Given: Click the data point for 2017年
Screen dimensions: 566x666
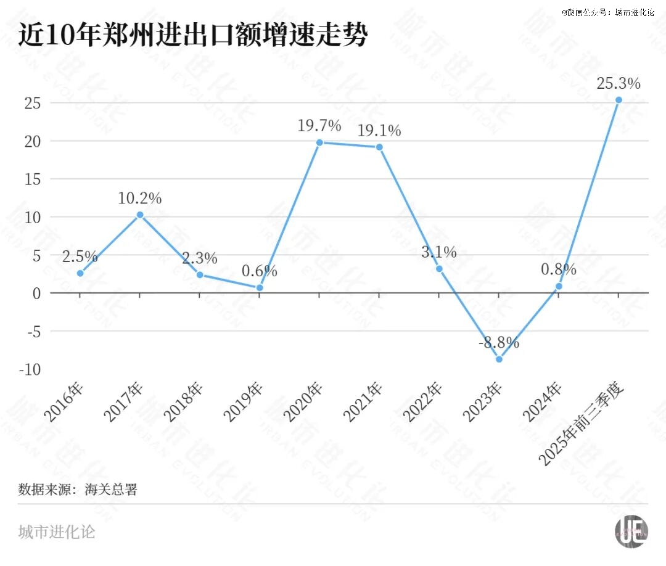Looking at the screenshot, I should click(x=140, y=215).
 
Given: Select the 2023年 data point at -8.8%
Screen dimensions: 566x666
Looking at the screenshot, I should click(x=499, y=359).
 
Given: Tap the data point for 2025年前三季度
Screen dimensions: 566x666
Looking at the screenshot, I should click(x=619, y=100).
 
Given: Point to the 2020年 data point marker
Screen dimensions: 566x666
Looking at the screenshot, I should click(x=319, y=142).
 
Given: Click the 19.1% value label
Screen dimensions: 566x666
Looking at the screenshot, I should click(x=380, y=130).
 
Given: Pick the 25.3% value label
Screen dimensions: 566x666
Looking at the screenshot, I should click(x=619, y=83).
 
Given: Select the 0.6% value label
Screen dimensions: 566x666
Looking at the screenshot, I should click(x=259, y=271).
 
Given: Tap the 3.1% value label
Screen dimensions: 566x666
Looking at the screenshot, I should click(x=439, y=252).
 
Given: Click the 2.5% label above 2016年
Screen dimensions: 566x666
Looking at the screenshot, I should click(x=80, y=256).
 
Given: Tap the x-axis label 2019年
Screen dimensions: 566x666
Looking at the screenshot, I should click(x=244, y=401).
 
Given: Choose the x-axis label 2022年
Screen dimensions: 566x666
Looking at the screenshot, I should click(x=423, y=401).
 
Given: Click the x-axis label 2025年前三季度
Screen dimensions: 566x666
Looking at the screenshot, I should click(x=583, y=425).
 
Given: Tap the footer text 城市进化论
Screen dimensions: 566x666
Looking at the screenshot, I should click(x=57, y=532).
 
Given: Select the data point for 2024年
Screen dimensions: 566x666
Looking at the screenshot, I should click(x=559, y=286).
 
